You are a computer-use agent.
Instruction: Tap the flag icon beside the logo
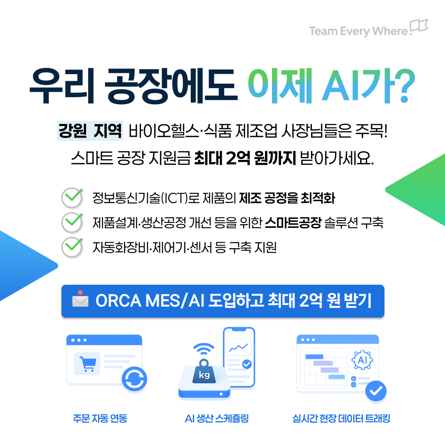click(x=419, y=25)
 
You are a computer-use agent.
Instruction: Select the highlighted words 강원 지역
click(x=90, y=131)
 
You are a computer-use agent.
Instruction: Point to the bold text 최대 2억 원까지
click(x=245, y=158)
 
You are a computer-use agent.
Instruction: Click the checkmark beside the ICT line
click(x=73, y=197)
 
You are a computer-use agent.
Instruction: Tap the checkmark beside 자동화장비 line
click(x=73, y=247)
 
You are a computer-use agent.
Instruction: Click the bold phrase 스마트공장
click(x=293, y=222)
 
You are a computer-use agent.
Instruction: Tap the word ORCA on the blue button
click(x=118, y=300)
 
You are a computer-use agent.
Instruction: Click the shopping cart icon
click(x=88, y=363)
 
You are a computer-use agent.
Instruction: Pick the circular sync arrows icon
click(x=134, y=379)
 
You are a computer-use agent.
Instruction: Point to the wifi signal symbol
click(x=204, y=349)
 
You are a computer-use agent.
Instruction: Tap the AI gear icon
click(x=363, y=360)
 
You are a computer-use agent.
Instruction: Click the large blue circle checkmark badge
click(x=376, y=391)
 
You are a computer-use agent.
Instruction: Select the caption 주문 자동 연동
click(x=100, y=418)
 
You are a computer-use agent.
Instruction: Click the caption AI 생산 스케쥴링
click(x=217, y=418)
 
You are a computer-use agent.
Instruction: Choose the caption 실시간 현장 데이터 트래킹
click(x=342, y=418)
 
